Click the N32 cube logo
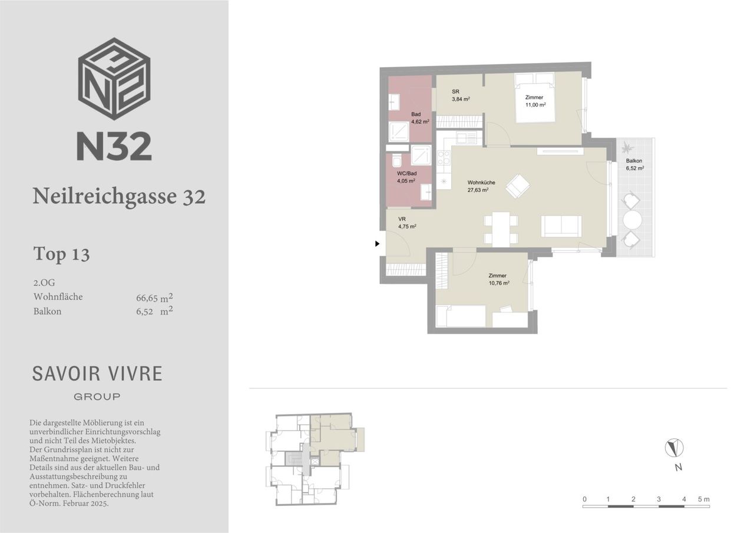[x=114, y=79]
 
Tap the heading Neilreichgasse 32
[x=119, y=196]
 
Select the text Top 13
[x=62, y=254]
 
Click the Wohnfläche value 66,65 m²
[x=154, y=297]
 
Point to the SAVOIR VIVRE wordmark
[x=97, y=374]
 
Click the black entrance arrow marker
[x=378, y=244]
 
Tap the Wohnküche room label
[x=481, y=183]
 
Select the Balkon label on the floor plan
[x=634, y=161]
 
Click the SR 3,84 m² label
[x=461, y=95]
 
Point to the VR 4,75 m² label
[x=407, y=223]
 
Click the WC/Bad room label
[x=406, y=174]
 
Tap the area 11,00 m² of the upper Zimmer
[x=535, y=105]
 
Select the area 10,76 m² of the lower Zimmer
[x=499, y=283]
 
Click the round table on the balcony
[x=632, y=220]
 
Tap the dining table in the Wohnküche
[x=501, y=229]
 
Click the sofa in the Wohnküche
[x=561, y=226]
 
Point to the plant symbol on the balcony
[x=627, y=147]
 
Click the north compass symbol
[x=674, y=448]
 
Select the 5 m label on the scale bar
[x=703, y=499]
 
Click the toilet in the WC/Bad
[x=397, y=161]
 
